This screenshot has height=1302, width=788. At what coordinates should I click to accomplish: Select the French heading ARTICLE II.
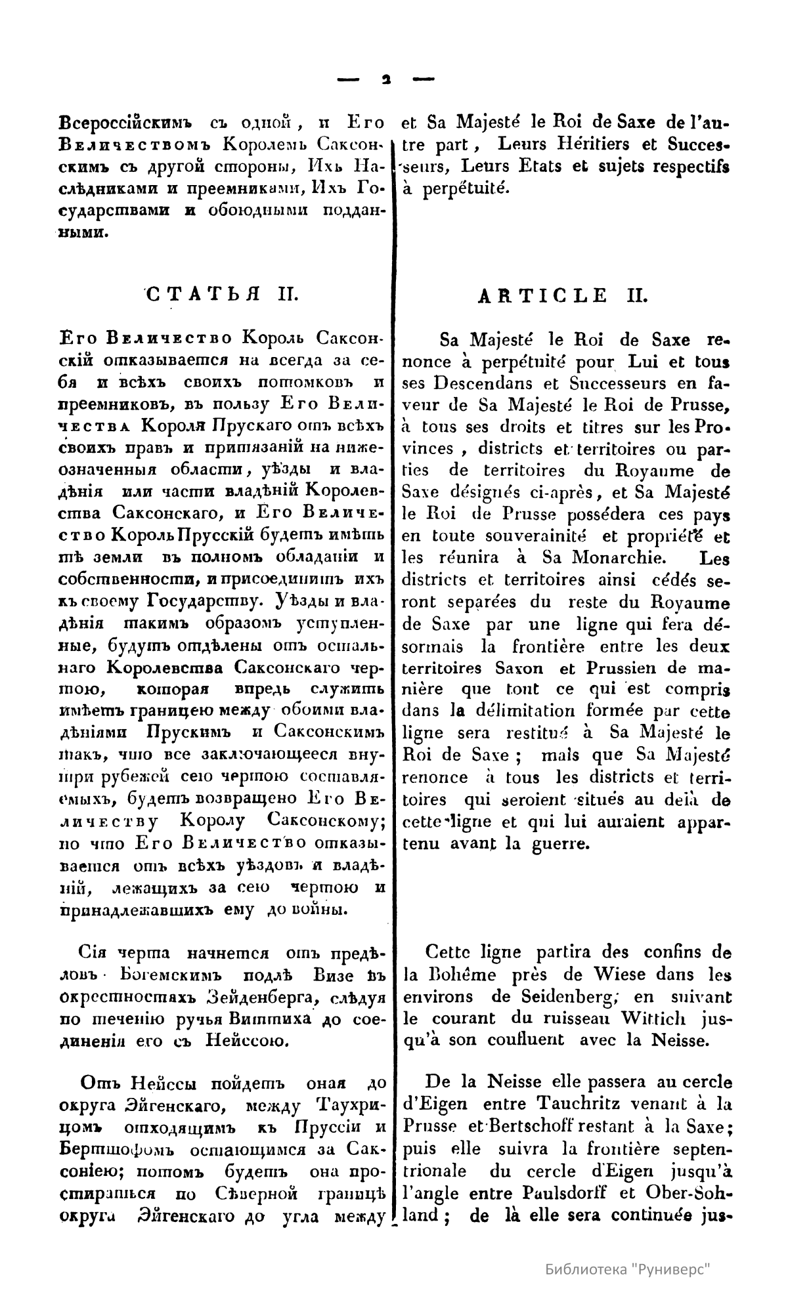[562, 295]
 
